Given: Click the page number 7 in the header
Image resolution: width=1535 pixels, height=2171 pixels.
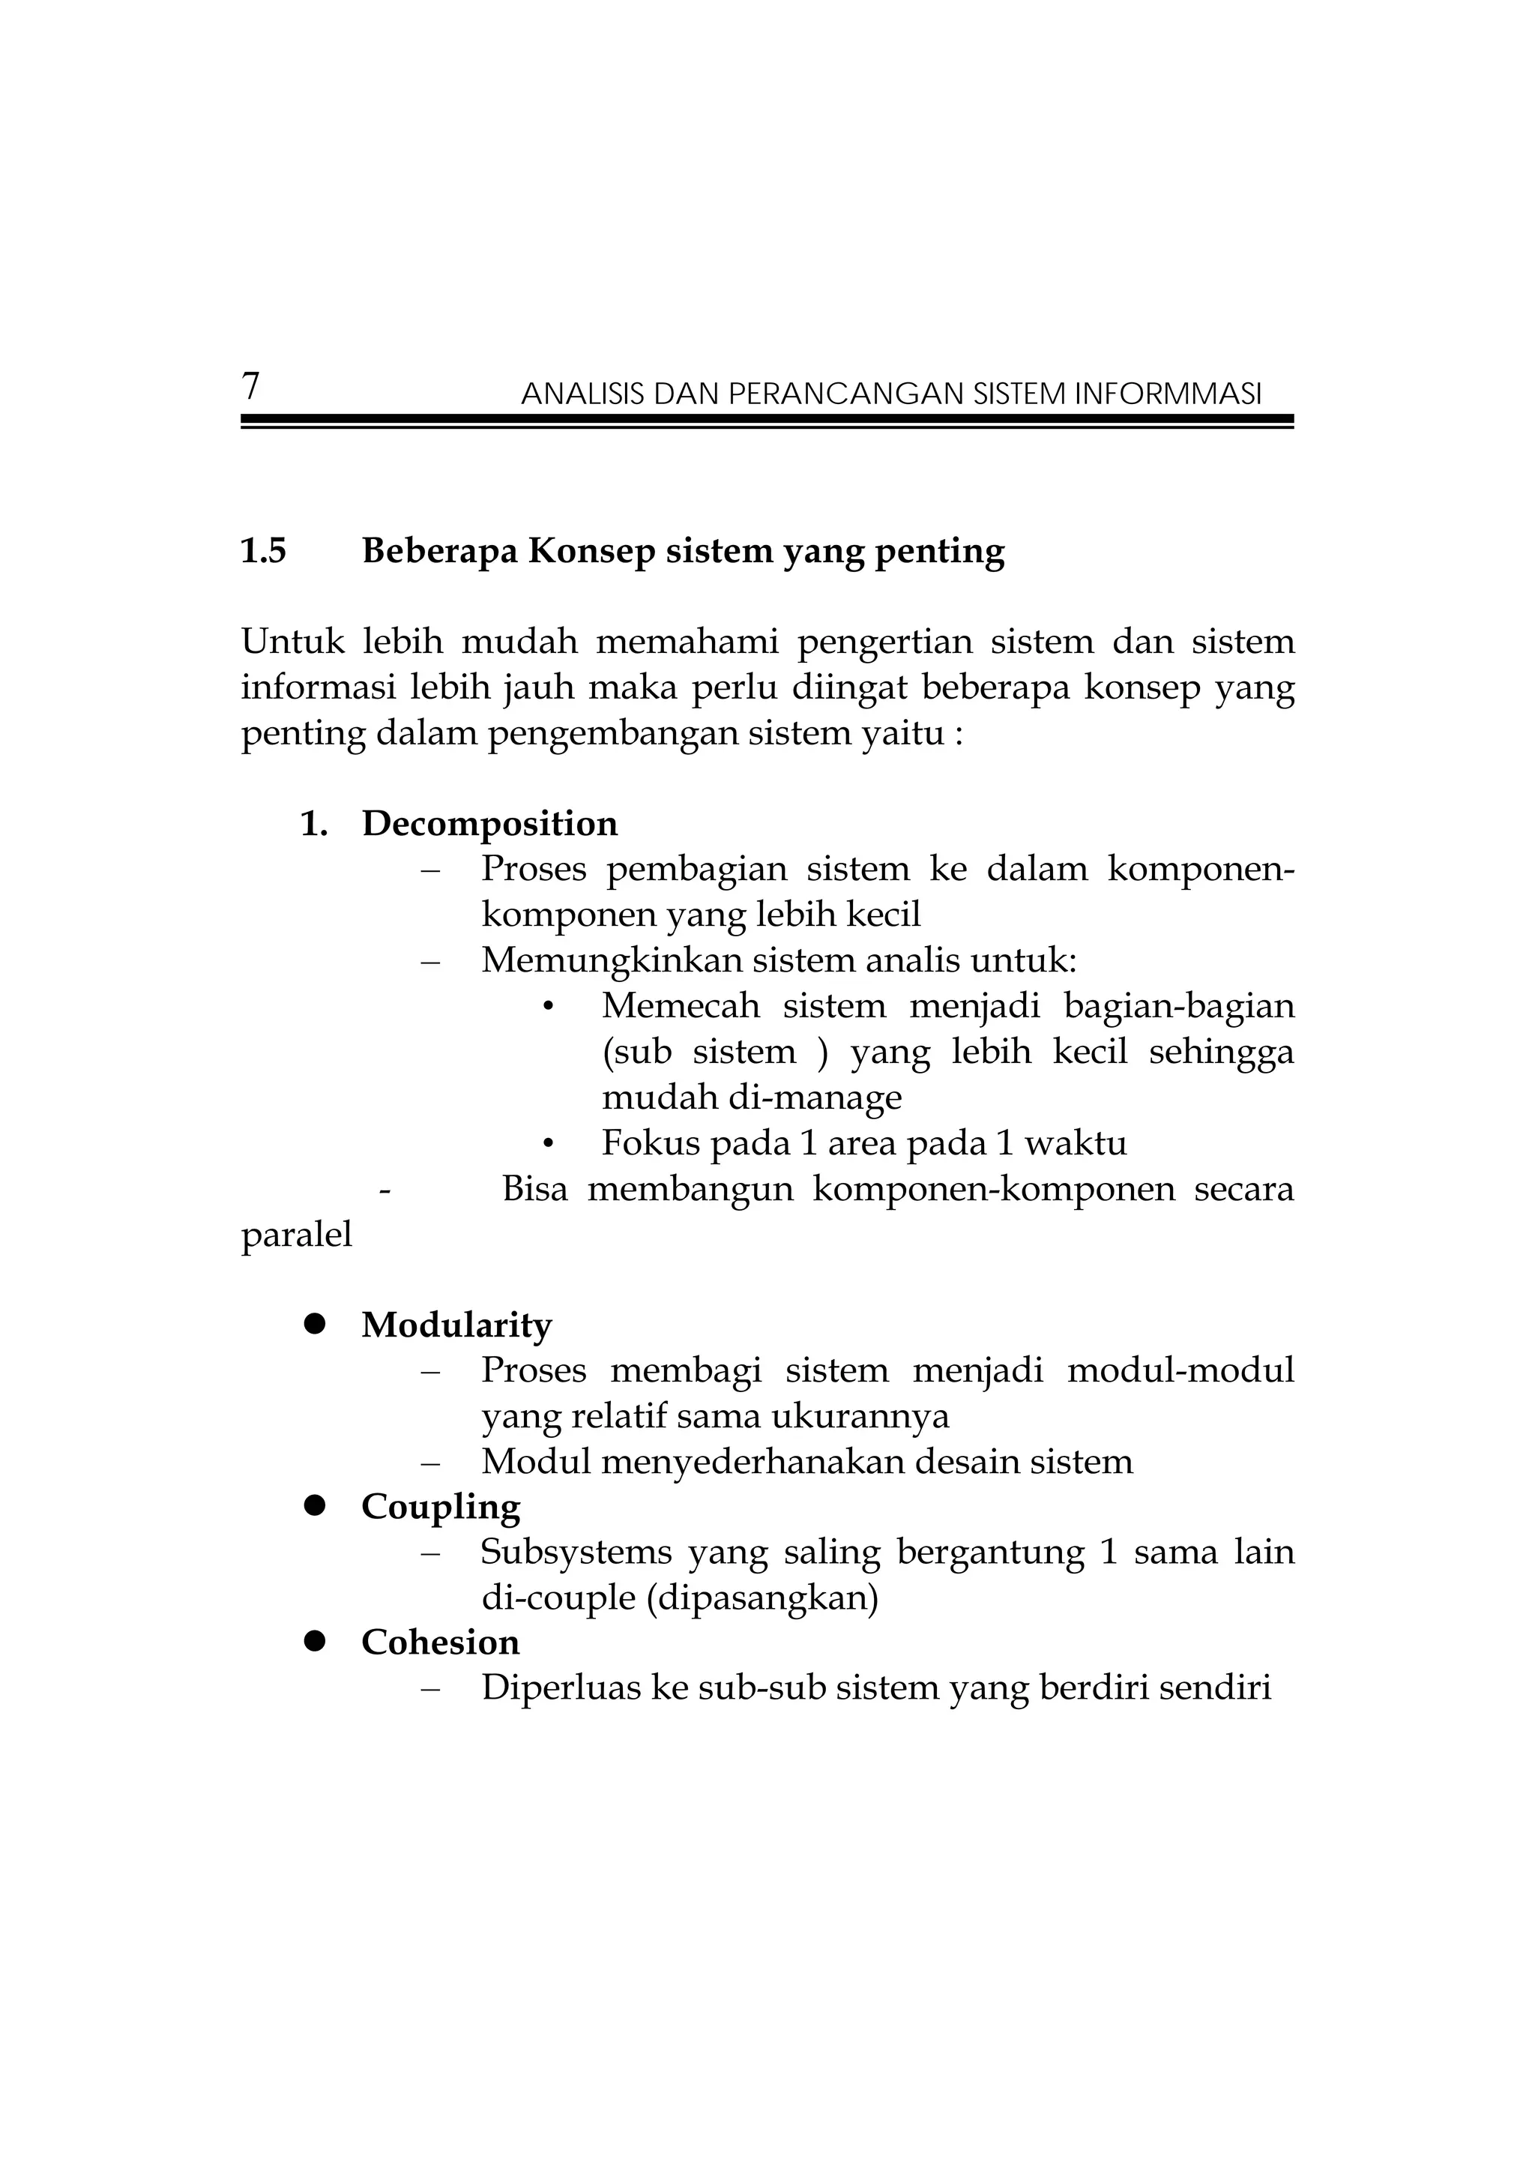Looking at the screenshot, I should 250,387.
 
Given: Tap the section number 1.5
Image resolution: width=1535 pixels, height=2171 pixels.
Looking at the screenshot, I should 264,551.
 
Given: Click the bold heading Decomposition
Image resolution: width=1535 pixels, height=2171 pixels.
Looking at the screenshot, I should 489,825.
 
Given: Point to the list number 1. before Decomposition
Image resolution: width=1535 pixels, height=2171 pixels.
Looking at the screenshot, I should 314,825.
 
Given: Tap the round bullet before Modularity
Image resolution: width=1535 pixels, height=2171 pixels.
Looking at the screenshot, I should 315,1325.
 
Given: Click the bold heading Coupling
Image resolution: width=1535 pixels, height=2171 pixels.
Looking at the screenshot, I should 441,1508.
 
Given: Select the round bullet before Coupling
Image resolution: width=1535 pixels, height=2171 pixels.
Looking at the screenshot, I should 315,1505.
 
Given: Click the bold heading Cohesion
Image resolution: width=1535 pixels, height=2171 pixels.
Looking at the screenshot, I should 441,1642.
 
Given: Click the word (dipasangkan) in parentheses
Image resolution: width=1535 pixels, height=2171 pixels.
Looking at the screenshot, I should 764,1598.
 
